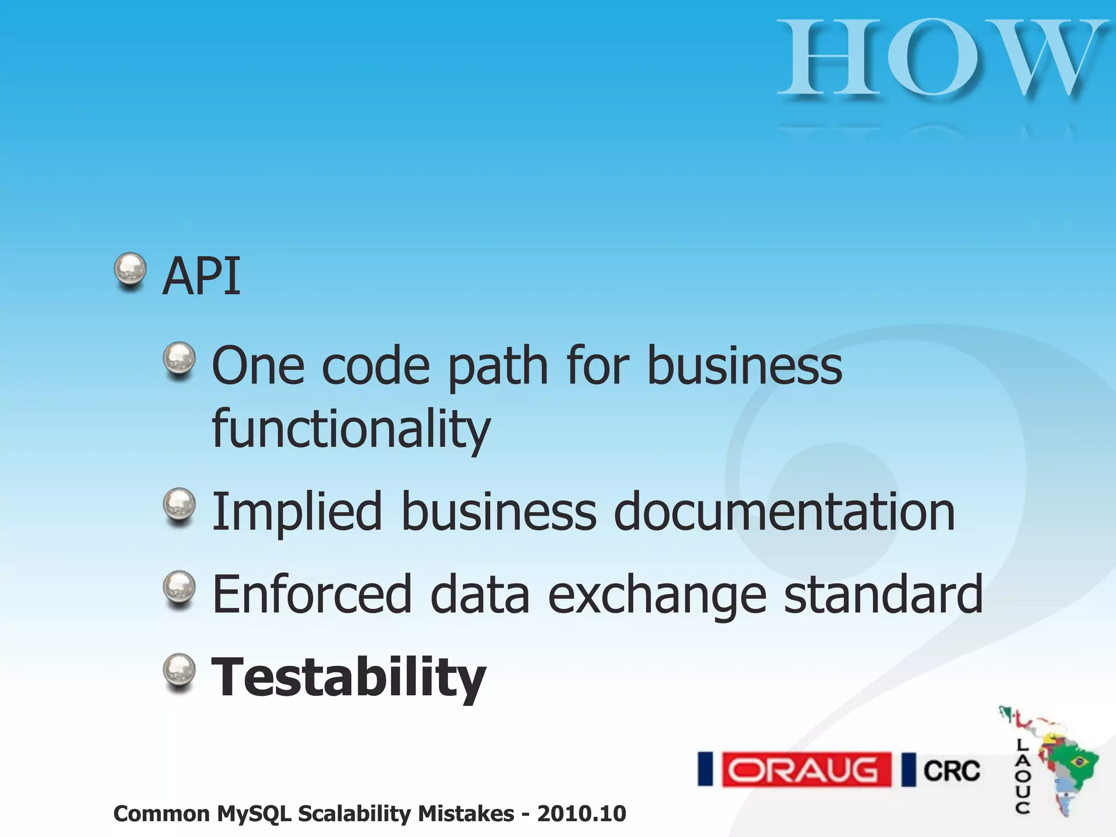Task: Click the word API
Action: click(202, 276)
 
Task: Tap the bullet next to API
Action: click(130, 270)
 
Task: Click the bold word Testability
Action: click(348, 677)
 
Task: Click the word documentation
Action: click(784, 512)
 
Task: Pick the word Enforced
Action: click(312, 595)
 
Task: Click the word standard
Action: click(883, 595)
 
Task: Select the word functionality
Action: click(351, 429)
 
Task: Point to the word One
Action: click(258, 366)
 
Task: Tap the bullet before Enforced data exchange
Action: click(179, 587)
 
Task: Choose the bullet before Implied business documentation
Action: click(179, 505)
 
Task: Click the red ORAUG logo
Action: click(806, 770)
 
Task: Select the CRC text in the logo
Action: click(951, 771)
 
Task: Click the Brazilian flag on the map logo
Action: click(1077, 761)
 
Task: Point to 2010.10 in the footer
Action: click(581, 814)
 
